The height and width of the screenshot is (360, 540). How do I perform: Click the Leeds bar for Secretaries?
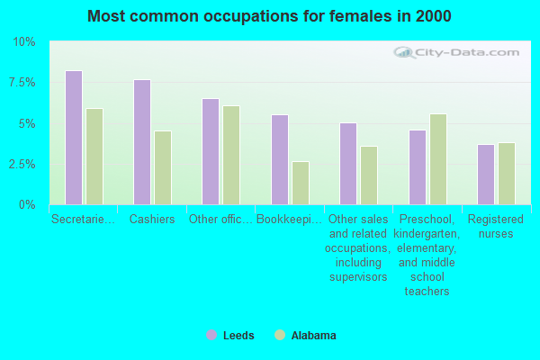tap(74, 138)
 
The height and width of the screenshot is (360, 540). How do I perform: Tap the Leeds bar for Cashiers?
tap(142, 142)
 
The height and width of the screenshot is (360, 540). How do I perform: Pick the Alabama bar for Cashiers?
tap(163, 168)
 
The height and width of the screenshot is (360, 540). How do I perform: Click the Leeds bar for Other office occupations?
tap(211, 151)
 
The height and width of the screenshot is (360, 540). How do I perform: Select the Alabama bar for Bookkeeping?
tap(301, 183)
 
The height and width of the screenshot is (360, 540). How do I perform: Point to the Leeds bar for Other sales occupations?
tap(348, 164)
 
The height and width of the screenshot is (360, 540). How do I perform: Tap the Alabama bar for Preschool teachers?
tap(438, 159)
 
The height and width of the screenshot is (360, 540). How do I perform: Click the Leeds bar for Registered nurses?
tap(486, 175)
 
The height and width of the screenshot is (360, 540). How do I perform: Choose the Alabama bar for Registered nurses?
tap(507, 174)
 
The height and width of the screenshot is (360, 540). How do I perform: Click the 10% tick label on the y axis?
tap(23, 42)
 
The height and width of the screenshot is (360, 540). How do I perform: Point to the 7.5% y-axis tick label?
tap(21, 83)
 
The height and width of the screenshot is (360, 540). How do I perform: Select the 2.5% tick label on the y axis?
tap(21, 165)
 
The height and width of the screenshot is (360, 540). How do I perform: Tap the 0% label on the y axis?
tap(27, 205)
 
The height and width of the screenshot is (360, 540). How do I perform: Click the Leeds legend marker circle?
tap(211, 335)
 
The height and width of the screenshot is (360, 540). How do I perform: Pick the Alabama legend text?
tap(313, 336)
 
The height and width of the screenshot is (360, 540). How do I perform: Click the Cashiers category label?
tap(151, 219)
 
